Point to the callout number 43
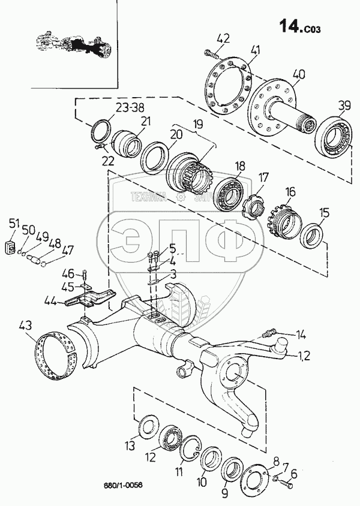pos(25,326)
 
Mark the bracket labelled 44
pos(90,297)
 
